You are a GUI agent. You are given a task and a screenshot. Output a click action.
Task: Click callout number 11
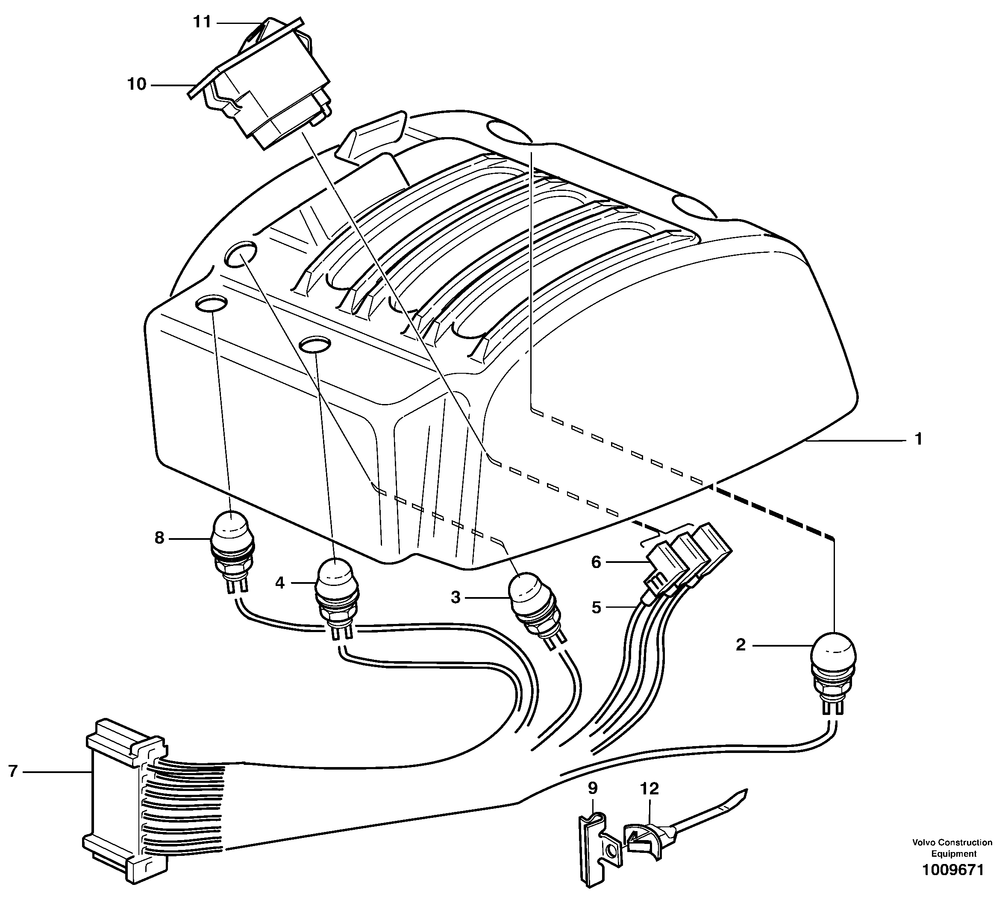[202, 22]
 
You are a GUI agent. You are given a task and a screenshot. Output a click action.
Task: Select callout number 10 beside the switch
[137, 84]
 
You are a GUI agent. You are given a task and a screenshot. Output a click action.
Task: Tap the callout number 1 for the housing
[918, 439]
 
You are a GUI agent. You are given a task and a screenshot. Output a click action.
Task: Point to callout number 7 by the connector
[13, 771]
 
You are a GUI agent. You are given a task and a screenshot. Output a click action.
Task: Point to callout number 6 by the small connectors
[596, 562]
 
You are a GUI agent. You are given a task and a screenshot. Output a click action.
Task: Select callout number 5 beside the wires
[596, 607]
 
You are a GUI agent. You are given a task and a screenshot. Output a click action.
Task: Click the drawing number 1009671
[952, 884]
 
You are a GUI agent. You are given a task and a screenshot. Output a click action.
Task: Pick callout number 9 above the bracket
[592, 788]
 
